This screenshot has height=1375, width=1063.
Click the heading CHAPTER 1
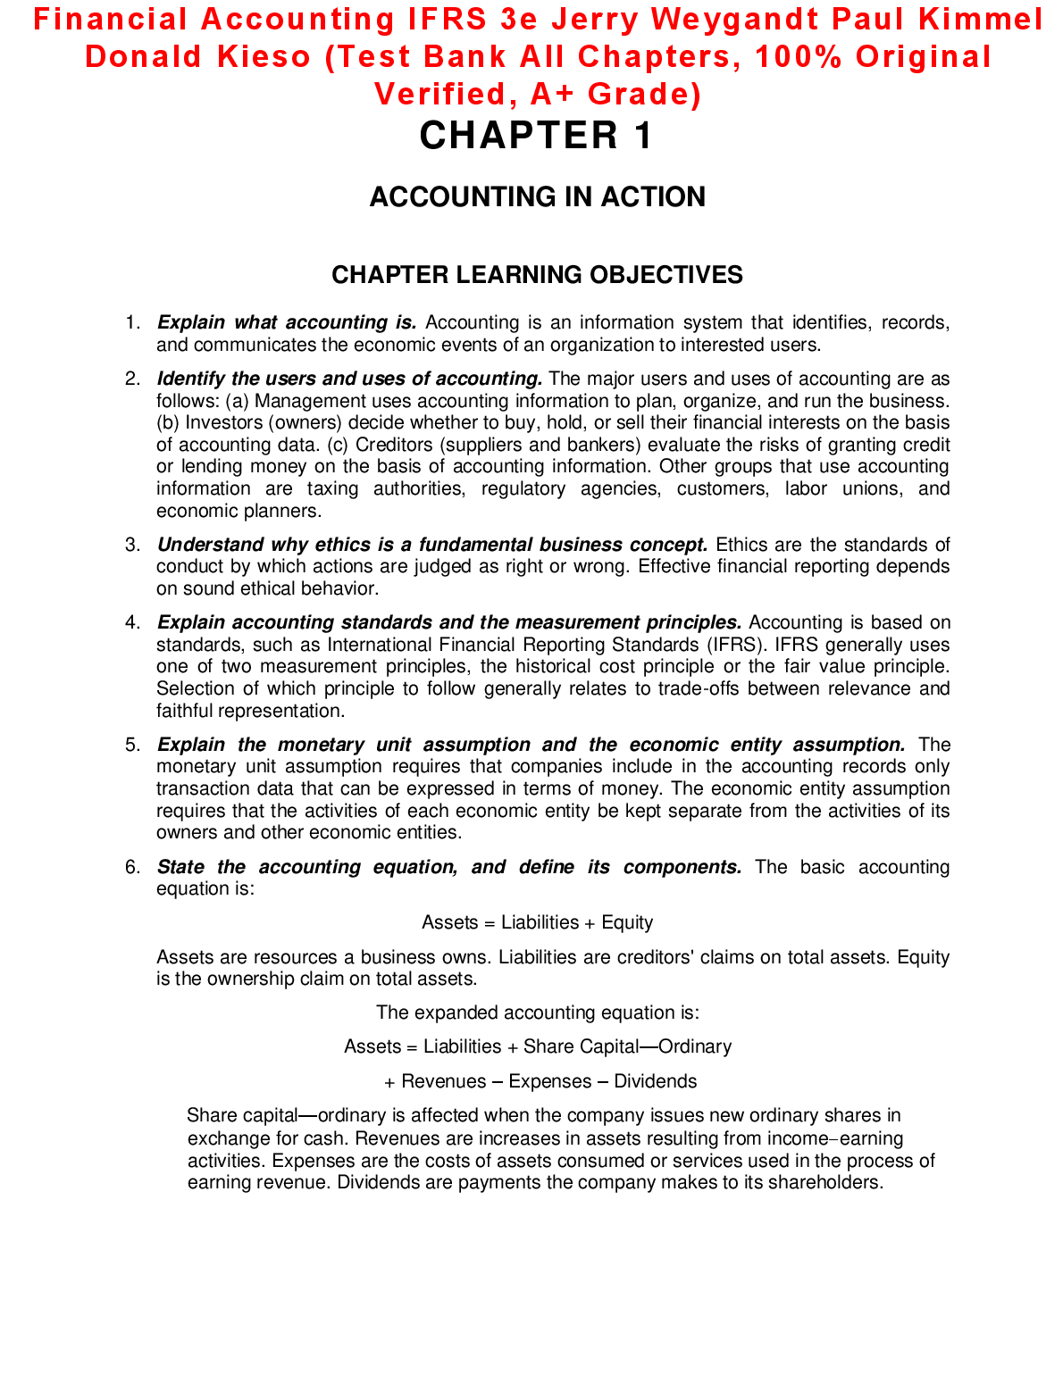[x=537, y=136]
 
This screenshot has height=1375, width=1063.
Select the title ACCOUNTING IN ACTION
[x=537, y=196]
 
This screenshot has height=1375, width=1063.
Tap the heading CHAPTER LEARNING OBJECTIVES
[x=537, y=274]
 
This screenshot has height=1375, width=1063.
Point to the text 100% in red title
[x=798, y=56]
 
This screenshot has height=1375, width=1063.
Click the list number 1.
[x=132, y=322]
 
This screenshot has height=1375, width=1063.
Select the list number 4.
[x=132, y=622]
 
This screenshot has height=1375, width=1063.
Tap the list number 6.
[x=132, y=867]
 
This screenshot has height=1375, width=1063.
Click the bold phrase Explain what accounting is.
[x=287, y=322]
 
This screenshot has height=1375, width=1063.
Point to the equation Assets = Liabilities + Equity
[x=537, y=922]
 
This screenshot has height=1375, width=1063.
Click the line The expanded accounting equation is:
[x=537, y=1012]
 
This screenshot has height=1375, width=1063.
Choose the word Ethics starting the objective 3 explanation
[x=741, y=545]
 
